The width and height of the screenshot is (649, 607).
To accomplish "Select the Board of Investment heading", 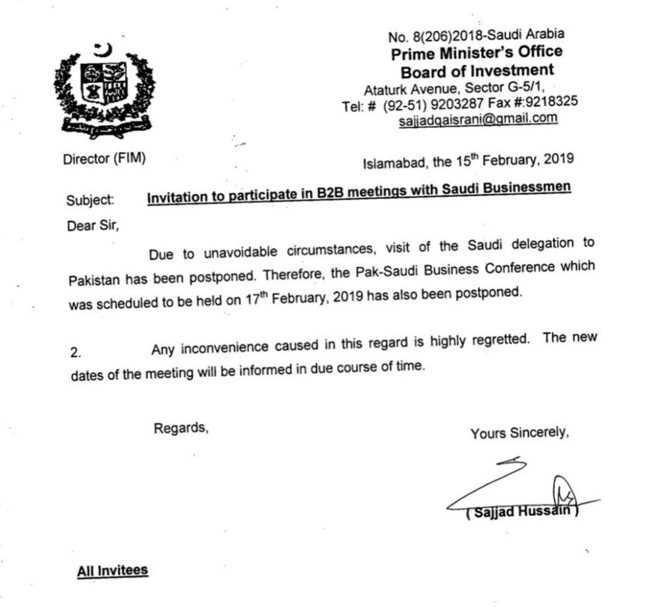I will pos(477,70).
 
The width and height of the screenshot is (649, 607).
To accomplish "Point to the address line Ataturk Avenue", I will pos(402,89).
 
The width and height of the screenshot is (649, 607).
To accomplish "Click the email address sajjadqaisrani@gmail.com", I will pos(478,119).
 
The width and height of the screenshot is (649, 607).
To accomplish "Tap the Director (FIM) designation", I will pos(104,159).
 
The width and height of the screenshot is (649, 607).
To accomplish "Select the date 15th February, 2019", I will pos(506,159).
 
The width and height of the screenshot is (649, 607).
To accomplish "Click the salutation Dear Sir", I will pos(93,224).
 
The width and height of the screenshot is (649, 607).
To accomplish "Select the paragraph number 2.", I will pos(75,352).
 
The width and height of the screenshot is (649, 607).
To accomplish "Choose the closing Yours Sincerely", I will pos(519,433).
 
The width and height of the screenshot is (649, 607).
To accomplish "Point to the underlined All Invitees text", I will pos(113,570).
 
